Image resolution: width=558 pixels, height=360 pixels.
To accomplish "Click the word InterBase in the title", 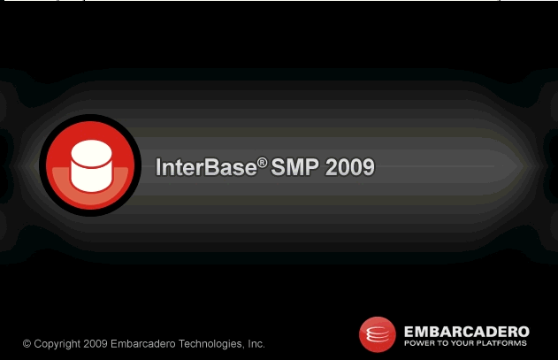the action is tap(206, 167).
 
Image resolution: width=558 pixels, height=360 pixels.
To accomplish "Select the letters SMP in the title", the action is tap(295, 167).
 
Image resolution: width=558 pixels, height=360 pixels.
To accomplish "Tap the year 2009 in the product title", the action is tap(350, 167).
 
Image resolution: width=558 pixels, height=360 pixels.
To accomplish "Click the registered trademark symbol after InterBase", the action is tap(263, 163).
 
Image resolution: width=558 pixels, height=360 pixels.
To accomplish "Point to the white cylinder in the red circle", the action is tap(91, 165).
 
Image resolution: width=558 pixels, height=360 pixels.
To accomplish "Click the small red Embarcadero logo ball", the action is tap(378, 334).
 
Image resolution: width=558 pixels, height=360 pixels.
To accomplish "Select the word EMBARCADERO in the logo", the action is tap(467, 332).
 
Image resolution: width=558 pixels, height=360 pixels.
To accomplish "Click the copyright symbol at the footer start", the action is tap(27, 343).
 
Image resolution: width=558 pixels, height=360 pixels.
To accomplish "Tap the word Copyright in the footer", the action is tap(57, 344).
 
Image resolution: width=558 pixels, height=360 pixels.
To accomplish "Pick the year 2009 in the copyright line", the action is tap(96, 343).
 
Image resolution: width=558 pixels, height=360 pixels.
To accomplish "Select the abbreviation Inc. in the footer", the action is tap(256, 343).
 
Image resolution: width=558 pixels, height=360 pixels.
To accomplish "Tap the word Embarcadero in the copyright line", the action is tap(143, 343).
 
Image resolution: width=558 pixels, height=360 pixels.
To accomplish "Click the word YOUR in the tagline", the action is tap(462, 343).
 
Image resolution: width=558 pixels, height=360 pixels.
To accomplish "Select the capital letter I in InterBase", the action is tap(158, 167).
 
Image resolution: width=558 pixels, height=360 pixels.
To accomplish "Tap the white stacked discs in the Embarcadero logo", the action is tap(378, 334).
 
